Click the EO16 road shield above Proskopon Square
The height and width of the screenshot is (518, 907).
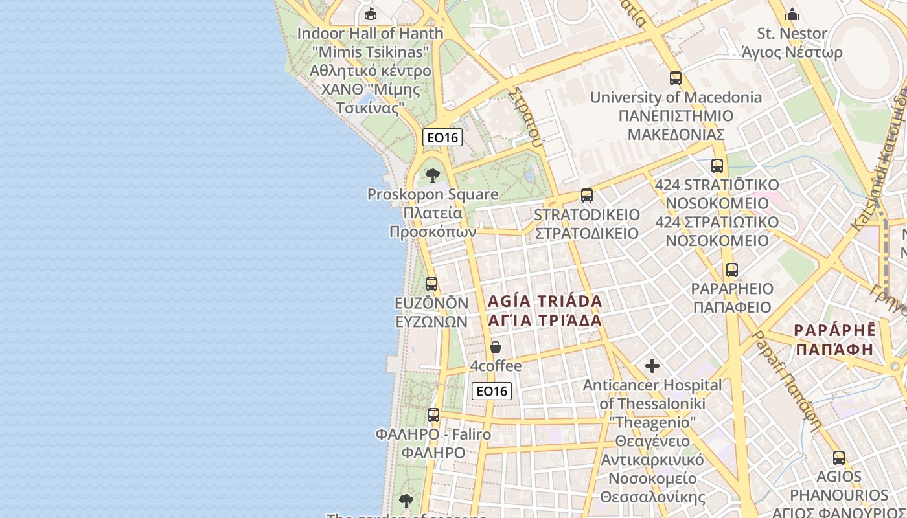[442, 137]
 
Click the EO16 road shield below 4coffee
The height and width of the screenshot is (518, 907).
[492, 390]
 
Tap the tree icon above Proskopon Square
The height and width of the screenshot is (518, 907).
[433, 175]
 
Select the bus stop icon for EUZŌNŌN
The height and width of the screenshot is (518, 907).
[431, 284]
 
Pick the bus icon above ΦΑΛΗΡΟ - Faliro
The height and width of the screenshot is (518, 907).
[433, 414]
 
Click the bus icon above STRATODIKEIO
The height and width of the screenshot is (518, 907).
[587, 195]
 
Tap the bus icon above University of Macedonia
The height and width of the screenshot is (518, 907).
[676, 78]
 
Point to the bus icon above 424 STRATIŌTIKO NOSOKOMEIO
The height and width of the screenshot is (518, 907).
[717, 166]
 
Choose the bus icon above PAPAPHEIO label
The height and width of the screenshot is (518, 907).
[732, 269]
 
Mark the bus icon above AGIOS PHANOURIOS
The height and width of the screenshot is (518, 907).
[839, 457]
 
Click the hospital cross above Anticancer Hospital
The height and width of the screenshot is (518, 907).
[652, 366]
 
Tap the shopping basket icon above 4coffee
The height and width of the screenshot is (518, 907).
[496, 347]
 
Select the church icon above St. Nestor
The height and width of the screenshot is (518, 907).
[792, 14]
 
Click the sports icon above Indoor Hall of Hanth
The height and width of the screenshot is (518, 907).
[371, 14]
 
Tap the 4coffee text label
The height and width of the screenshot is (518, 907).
[496, 366]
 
